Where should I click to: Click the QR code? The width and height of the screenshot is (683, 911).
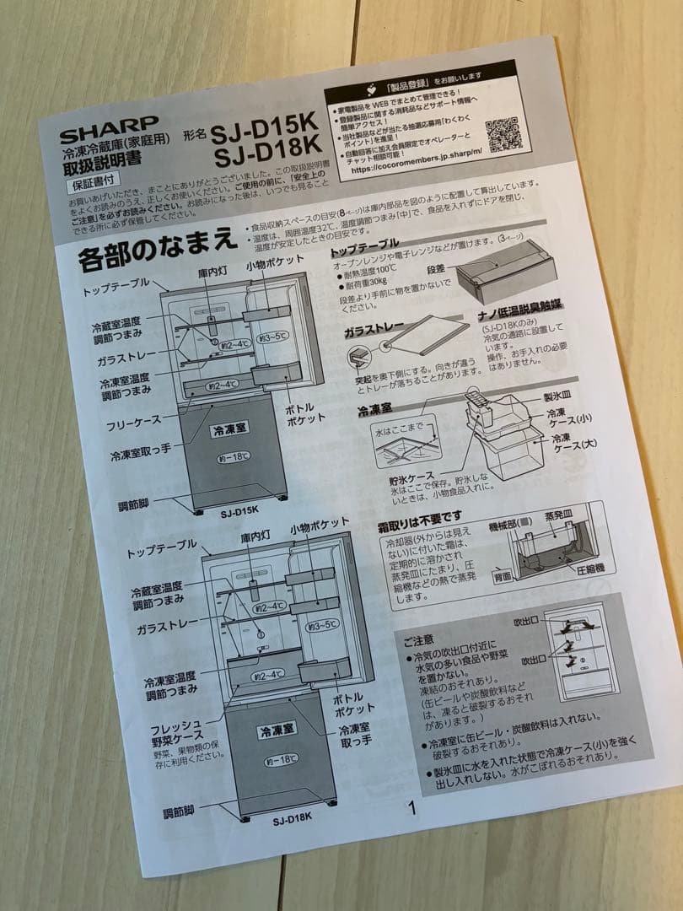pos(503,136)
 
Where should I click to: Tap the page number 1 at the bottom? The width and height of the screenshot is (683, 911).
pos(412,807)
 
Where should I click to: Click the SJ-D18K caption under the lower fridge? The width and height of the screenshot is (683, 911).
pos(292,817)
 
